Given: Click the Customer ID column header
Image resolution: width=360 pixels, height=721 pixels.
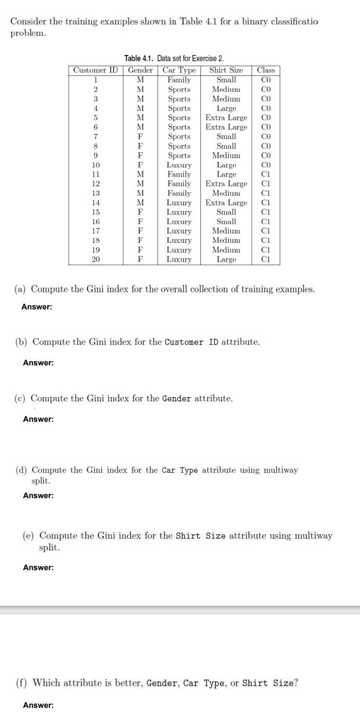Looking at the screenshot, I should (95, 70).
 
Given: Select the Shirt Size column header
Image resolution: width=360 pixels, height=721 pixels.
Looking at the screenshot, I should (226, 70).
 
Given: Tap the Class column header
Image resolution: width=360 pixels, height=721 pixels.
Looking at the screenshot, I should (266, 70).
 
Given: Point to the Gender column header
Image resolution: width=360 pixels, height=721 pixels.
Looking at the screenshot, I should (140, 70).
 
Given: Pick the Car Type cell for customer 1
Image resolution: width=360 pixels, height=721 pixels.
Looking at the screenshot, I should (179, 80).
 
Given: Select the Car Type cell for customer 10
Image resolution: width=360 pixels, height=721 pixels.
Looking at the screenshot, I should (179, 165).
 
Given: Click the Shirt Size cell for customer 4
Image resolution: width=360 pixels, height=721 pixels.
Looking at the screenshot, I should (226, 108).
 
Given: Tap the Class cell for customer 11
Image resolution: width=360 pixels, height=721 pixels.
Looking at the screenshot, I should (266, 174).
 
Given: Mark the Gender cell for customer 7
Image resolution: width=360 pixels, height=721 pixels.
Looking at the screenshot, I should (140, 137).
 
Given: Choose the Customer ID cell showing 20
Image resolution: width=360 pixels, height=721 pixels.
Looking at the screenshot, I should (96, 259).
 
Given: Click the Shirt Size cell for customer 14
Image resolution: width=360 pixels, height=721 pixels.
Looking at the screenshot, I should (226, 202).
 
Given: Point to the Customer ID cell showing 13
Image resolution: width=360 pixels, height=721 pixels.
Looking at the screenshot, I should (96, 193).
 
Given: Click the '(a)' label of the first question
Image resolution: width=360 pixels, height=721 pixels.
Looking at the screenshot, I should (21, 289).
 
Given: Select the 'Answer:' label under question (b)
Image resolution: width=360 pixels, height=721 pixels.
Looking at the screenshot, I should (38, 362).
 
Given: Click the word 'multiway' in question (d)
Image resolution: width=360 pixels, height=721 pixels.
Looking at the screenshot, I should (280, 470).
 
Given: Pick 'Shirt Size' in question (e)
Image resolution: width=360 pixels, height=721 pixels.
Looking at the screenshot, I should (201, 536).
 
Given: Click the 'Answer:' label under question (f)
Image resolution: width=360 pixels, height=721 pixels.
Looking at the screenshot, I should (38, 705).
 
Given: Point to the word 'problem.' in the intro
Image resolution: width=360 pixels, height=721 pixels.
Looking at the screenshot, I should (29, 33).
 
